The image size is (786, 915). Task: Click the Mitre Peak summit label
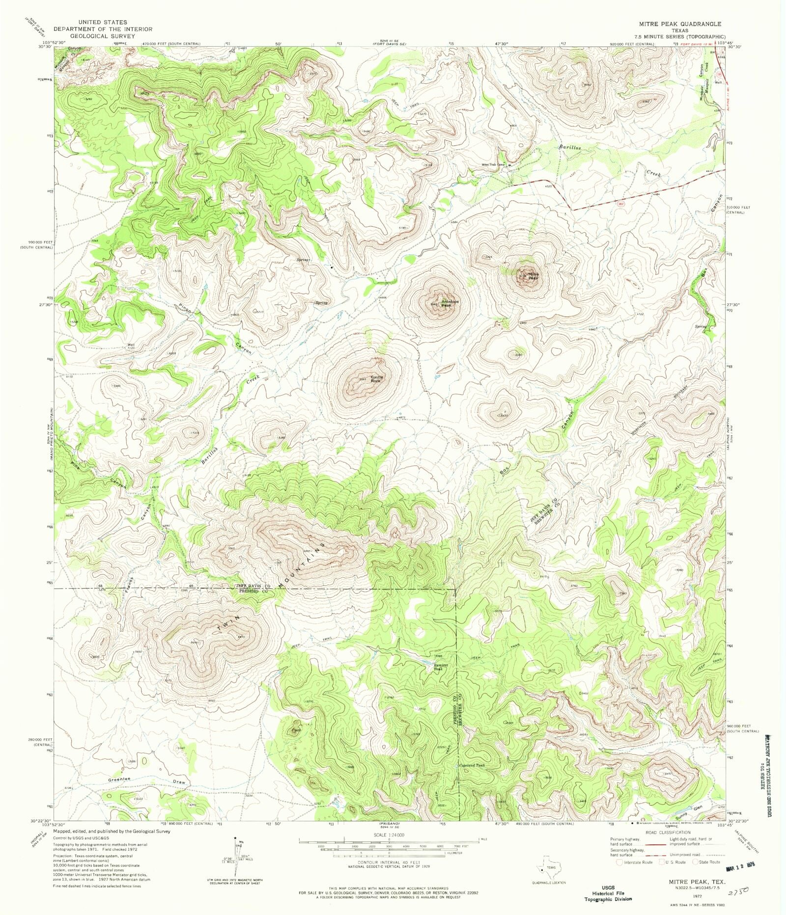pyautogui.click(x=533, y=276)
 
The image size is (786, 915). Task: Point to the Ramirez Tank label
pyautogui.click(x=438, y=667)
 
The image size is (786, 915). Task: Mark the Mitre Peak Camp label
pyautogui.click(x=493, y=165)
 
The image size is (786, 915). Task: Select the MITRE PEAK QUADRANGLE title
pyautogui.click(x=679, y=24)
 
